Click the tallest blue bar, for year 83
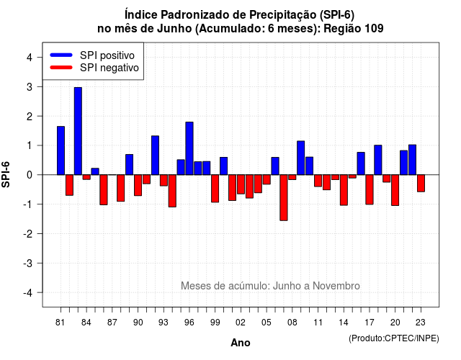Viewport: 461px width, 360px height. pyautogui.click(x=78, y=131)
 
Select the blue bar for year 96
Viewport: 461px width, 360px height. pyautogui.click(x=189, y=148)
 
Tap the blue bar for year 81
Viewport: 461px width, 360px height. pyautogui.click(x=61, y=150)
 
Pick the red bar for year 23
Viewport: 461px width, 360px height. pyautogui.click(x=421, y=184)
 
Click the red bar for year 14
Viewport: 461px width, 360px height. pyautogui.click(x=344, y=190)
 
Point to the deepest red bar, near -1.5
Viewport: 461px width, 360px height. pyautogui.click(x=284, y=197)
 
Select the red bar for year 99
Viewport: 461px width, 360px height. pyautogui.click(x=215, y=189)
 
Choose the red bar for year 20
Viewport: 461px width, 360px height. pyautogui.click(x=395, y=190)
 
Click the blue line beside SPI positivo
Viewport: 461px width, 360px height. pyautogui.click(x=61, y=55)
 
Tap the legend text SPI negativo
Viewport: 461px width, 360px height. pyautogui.click(x=109, y=68)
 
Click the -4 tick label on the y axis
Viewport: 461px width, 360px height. pyautogui.click(x=29, y=293)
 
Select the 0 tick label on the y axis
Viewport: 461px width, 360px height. pyautogui.click(x=30, y=175)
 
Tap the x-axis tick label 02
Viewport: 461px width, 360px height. pyautogui.click(x=241, y=323)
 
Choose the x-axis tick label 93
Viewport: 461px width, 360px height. pyautogui.click(x=164, y=323)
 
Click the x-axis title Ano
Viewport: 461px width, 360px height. pyautogui.click(x=241, y=343)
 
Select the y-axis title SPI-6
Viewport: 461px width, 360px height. pyautogui.click(x=6, y=174)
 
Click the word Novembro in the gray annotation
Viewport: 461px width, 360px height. pyautogui.click(x=336, y=286)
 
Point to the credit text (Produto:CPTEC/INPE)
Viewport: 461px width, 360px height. pyautogui.click(x=394, y=338)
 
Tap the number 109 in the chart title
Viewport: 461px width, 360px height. pyautogui.click(x=374, y=29)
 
